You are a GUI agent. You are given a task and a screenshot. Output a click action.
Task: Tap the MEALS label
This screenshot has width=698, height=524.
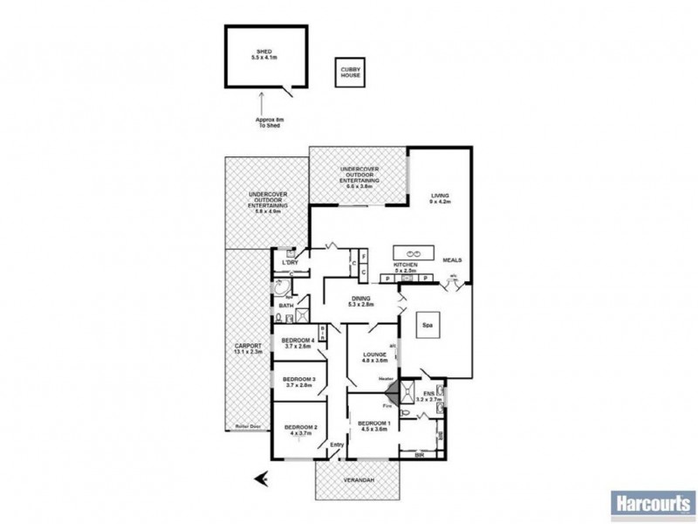452,260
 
